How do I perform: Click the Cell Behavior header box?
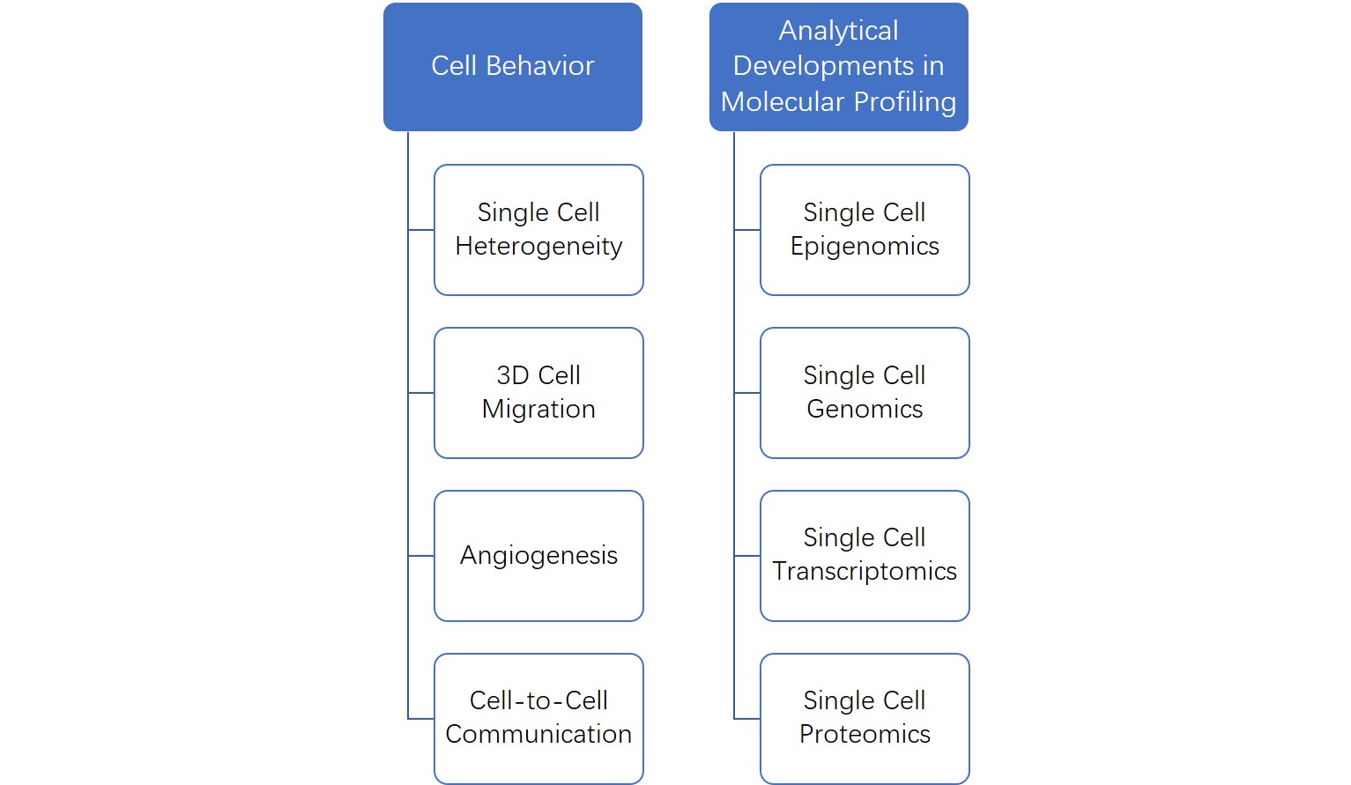point(512,67)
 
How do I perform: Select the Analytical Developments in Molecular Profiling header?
point(838,67)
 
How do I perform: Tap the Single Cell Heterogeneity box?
point(538,230)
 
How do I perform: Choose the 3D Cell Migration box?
point(538,393)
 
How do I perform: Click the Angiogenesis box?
point(538,556)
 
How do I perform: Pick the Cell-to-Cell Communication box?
point(538,718)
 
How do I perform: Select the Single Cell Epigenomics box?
point(865,230)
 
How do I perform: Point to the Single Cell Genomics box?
point(865,393)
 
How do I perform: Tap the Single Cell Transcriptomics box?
point(865,556)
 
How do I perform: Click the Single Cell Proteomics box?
point(865,718)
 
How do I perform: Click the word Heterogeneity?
point(538,247)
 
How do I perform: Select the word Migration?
point(538,410)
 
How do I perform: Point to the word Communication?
point(538,735)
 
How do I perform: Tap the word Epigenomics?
point(865,247)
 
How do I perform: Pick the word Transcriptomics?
point(865,572)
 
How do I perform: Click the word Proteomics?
point(865,735)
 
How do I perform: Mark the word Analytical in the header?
point(838,31)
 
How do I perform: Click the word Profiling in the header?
point(905,102)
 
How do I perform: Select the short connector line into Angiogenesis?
point(421,556)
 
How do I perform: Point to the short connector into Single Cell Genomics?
point(747,393)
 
